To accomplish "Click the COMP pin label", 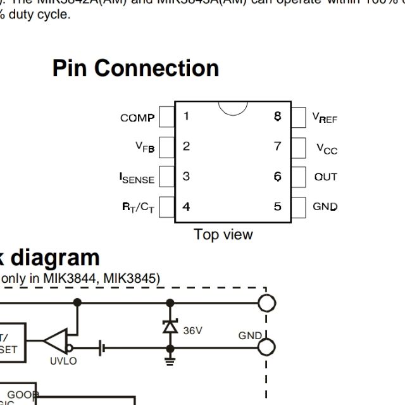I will pos(137,118).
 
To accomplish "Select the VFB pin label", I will pos(145,147).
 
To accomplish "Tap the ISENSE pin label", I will pos(137,178).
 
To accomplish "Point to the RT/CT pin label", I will pos(138,208).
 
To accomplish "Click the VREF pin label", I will pos(325,117).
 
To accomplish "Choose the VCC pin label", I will pos(327,148).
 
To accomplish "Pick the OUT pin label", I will pos(326,177).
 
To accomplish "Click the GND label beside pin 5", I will pos(325,207).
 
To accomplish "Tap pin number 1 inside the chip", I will pos(186,116).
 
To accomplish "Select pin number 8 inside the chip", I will pos(277,116).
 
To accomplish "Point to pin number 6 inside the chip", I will pos(277,177).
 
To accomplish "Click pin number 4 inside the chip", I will pos(186,206).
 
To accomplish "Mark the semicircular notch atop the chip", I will pos(233,108).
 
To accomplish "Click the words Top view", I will pos(223,235).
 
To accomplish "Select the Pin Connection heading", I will pos(135,68).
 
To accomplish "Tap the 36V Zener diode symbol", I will pos(170,327).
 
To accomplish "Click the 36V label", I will pos(193,330).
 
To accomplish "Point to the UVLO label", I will pos(63,361).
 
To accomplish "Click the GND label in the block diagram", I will pos(250,336).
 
